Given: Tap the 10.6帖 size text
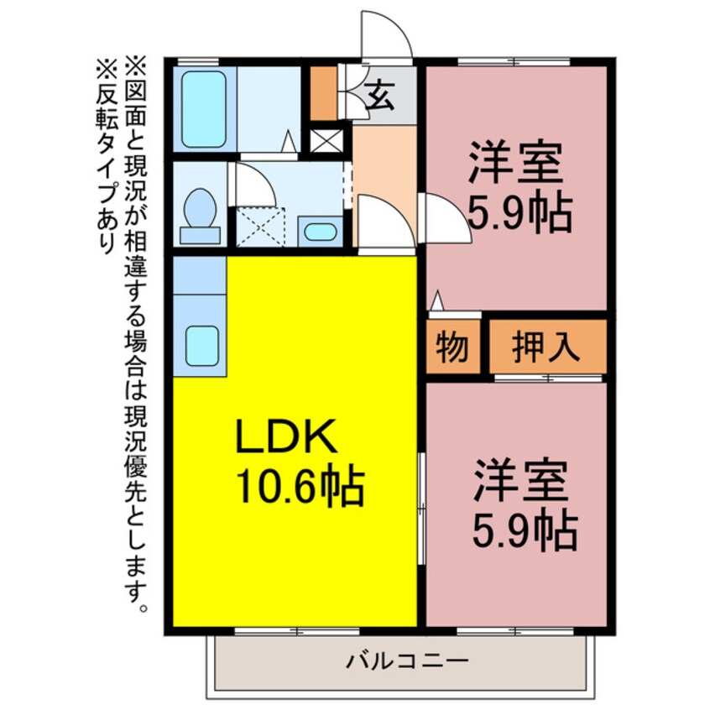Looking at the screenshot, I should [x=300, y=487].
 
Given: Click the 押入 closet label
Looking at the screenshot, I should [x=546, y=347].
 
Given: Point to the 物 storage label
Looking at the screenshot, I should [x=452, y=347].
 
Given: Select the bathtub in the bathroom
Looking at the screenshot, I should [x=204, y=109].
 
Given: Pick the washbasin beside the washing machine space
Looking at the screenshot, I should [x=320, y=231].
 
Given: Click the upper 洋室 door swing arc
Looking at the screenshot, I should [x=441, y=217].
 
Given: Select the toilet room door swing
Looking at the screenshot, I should [x=252, y=184].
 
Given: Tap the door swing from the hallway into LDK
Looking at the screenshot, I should [x=382, y=222].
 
